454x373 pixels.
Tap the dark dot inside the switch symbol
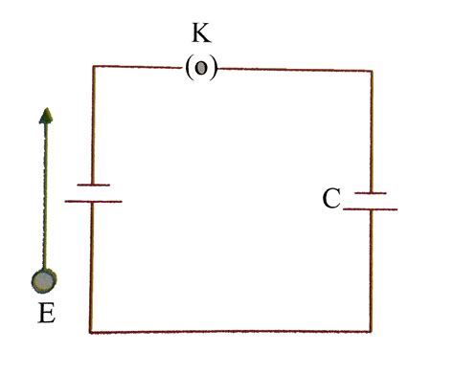point(201,70)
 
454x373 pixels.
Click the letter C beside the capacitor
point(332,199)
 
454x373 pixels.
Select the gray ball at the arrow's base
point(44,281)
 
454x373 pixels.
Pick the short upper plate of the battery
point(92,185)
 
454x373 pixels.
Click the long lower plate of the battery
point(93,201)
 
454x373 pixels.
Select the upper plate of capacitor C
point(370,193)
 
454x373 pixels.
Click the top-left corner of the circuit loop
point(93,67)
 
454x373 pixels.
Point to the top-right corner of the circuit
point(371,70)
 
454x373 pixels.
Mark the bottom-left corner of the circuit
point(92,332)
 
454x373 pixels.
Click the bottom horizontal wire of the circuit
point(230,332)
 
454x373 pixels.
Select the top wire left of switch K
point(139,67)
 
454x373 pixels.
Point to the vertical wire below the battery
point(92,268)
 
